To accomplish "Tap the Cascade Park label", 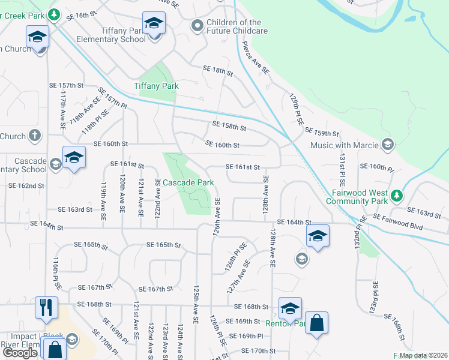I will (188, 182).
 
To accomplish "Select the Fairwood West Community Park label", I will (364, 197).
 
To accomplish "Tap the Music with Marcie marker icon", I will (388, 145).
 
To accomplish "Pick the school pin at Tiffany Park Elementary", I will (154, 25).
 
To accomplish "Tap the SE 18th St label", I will (217, 71).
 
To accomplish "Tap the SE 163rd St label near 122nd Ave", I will (75, 209).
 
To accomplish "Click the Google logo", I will (19, 353).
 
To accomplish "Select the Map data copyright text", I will (423, 355).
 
